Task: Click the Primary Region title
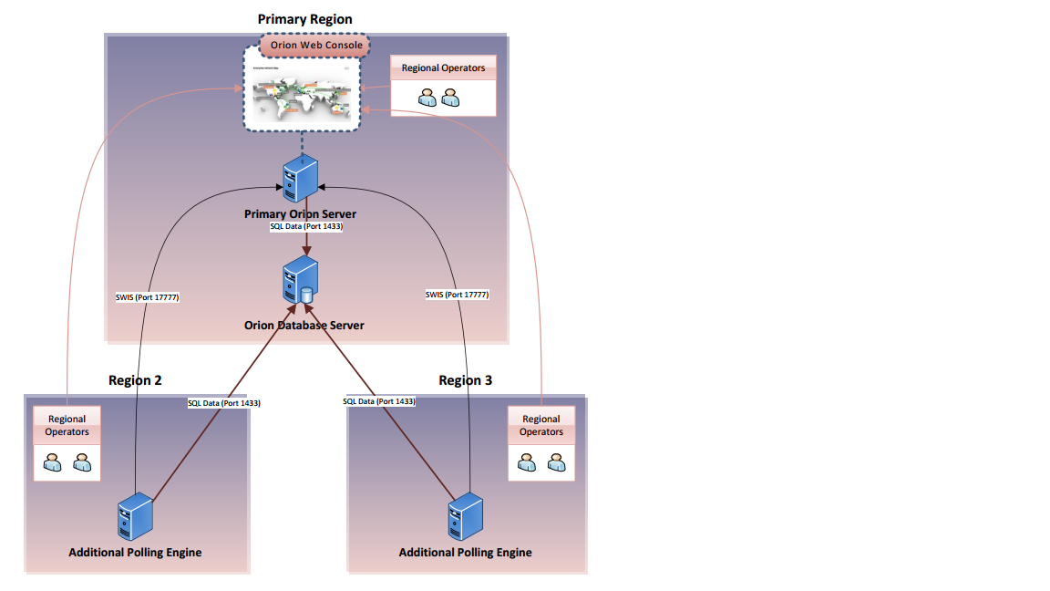tap(304, 19)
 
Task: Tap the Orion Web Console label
tap(316, 45)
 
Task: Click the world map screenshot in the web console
tap(302, 99)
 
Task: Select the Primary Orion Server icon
tap(300, 179)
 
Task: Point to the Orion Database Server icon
tap(301, 280)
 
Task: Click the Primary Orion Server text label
tap(300, 214)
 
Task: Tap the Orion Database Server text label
tap(304, 325)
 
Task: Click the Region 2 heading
tap(135, 380)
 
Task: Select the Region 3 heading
tap(465, 380)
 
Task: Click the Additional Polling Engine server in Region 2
tap(136, 516)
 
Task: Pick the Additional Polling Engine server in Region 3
tap(466, 516)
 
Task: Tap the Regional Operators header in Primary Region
tap(443, 68)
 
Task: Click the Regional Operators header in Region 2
tap(67, 425)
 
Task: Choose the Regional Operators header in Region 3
tap(541, 425)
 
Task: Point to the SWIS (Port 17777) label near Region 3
tap(457, 295)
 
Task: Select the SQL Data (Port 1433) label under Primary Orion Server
tap(306, 226)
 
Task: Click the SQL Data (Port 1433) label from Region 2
tap(223, 402)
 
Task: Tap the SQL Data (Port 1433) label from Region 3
tap(379, 401)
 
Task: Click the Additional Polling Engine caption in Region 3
tap(465, 552)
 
